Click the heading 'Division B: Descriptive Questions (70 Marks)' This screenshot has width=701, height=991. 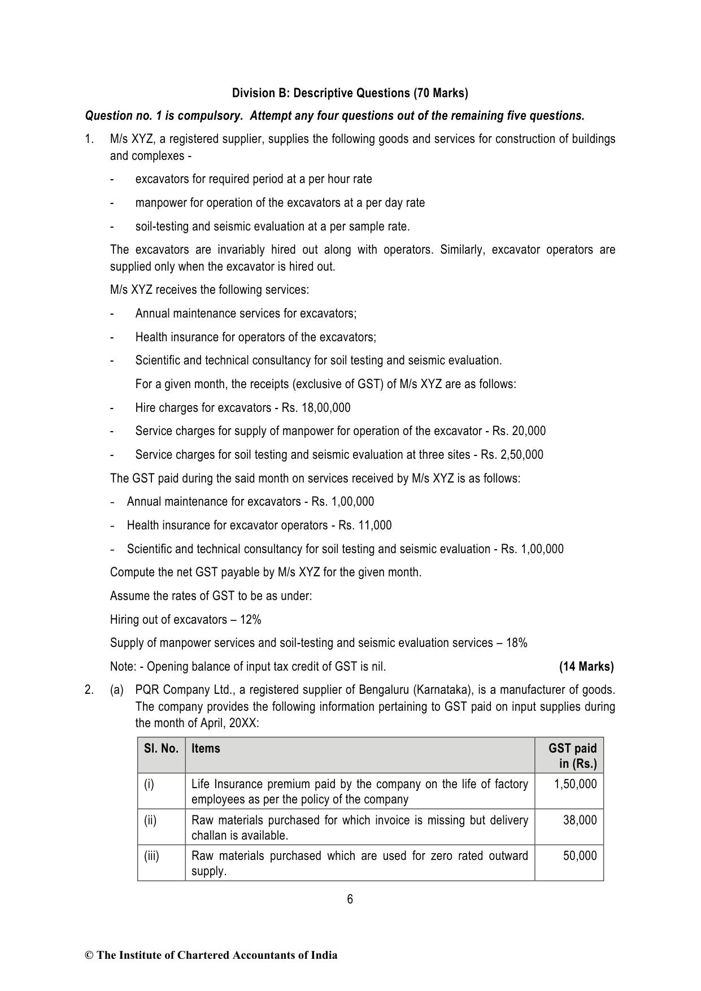point(350,93)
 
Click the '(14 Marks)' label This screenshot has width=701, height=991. point(586,667)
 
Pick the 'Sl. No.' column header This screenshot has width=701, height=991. point(161,749)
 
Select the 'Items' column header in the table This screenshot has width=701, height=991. point(206,749)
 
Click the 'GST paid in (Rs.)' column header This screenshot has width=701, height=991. point(573,756)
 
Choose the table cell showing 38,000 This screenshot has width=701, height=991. point(580,820)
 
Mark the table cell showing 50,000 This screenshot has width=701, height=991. point(580,856)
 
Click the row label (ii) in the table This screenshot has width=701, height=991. point(150,820)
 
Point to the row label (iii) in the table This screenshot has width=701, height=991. point(151,856)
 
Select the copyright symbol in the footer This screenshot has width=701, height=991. point(89,955)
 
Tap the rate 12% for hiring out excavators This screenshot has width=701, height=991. point(250,620)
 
